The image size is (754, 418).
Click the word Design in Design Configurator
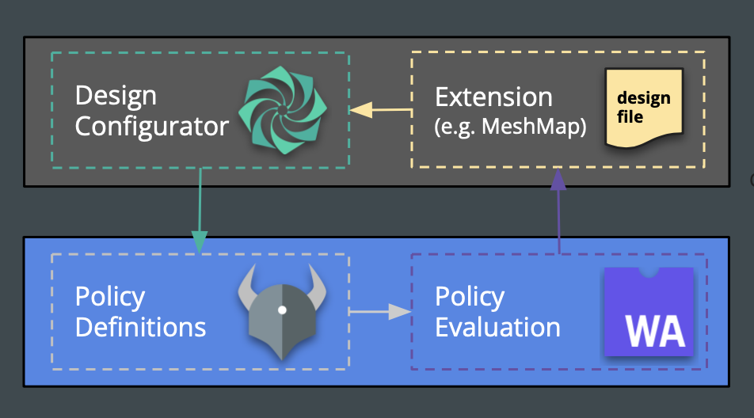coord(116,97)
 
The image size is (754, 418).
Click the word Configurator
coord(152,127)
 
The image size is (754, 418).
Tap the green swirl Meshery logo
coord(283,110)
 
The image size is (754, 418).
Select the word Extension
coord(493,97)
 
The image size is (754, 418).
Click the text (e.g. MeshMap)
coord(511,127)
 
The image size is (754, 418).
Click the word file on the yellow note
coord(631,117)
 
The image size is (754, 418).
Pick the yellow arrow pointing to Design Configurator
coord(380,110)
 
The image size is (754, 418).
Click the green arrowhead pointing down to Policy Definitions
coord(200,240)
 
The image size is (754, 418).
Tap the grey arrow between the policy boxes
coord(380,312)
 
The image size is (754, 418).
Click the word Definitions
coord(140,327)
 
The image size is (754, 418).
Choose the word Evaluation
coord(497,327)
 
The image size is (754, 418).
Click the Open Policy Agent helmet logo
coord(282,312)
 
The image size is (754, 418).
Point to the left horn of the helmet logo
coord(247,281)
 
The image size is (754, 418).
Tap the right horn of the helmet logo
coord(317,281)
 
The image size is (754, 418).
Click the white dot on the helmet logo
coord(281,310)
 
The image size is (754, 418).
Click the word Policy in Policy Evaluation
coord(469,297)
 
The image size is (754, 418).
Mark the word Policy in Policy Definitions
coord(109,297)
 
